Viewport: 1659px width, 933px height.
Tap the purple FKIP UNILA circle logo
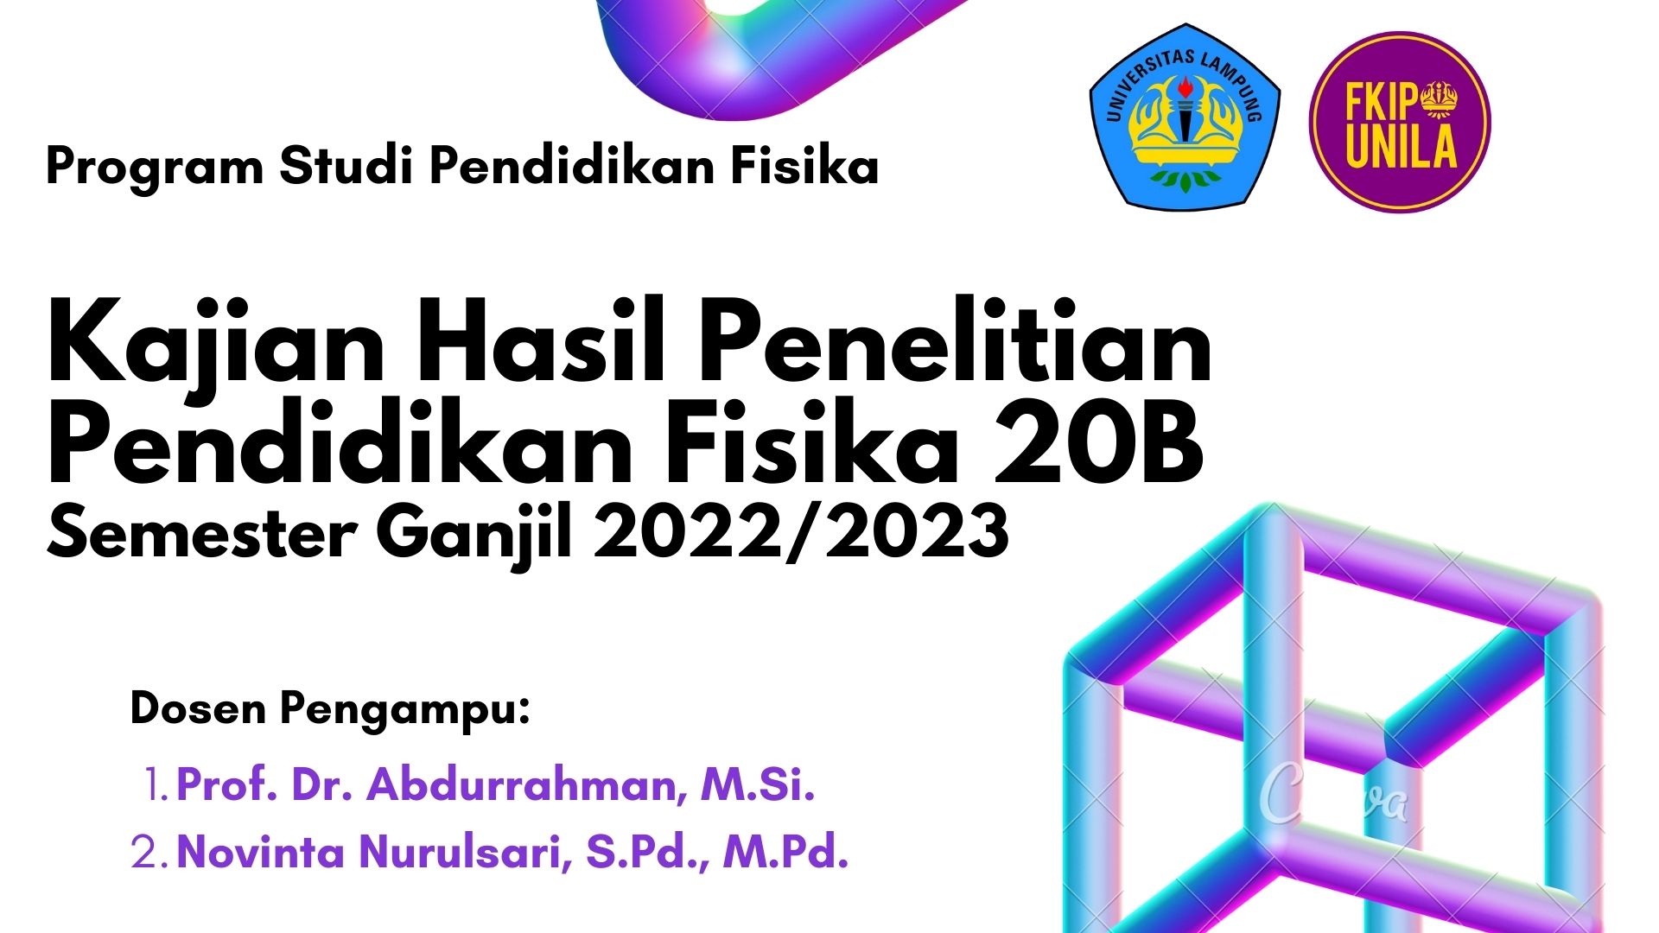click(x=1400, y=122)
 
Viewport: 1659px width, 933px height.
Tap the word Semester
click(x=201, y=532)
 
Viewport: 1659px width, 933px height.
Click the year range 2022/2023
click(x=801, y=532)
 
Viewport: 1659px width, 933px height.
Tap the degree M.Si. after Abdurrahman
click(x=758, y=785)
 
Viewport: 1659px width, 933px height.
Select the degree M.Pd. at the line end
click(x=785, y=852)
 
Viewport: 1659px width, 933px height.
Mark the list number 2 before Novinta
click(x=149, y=853)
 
